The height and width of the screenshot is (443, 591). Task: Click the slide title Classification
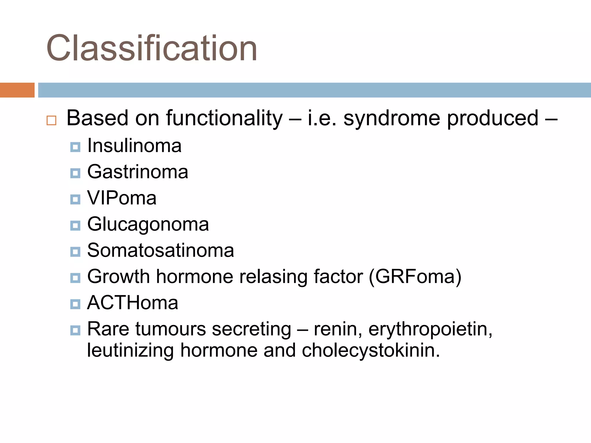coord(152,48)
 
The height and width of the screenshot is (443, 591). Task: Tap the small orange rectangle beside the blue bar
coord(17,90)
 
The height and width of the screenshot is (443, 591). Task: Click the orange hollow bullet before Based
coord(51,120)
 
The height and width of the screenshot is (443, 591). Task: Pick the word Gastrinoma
coord(138,172)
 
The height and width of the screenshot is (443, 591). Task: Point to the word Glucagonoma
coord(148,224)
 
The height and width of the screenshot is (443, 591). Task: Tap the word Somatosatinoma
coord(160,250)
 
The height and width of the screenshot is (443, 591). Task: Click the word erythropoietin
coord(430,329)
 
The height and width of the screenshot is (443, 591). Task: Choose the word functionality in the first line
coord(224,118)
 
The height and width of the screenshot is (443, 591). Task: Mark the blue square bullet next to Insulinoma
coord(75,147)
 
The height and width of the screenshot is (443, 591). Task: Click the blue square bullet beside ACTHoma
coord(75,304)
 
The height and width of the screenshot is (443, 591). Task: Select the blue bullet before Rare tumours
coord(75,330)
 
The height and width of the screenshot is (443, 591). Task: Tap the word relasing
coord(274,277)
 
